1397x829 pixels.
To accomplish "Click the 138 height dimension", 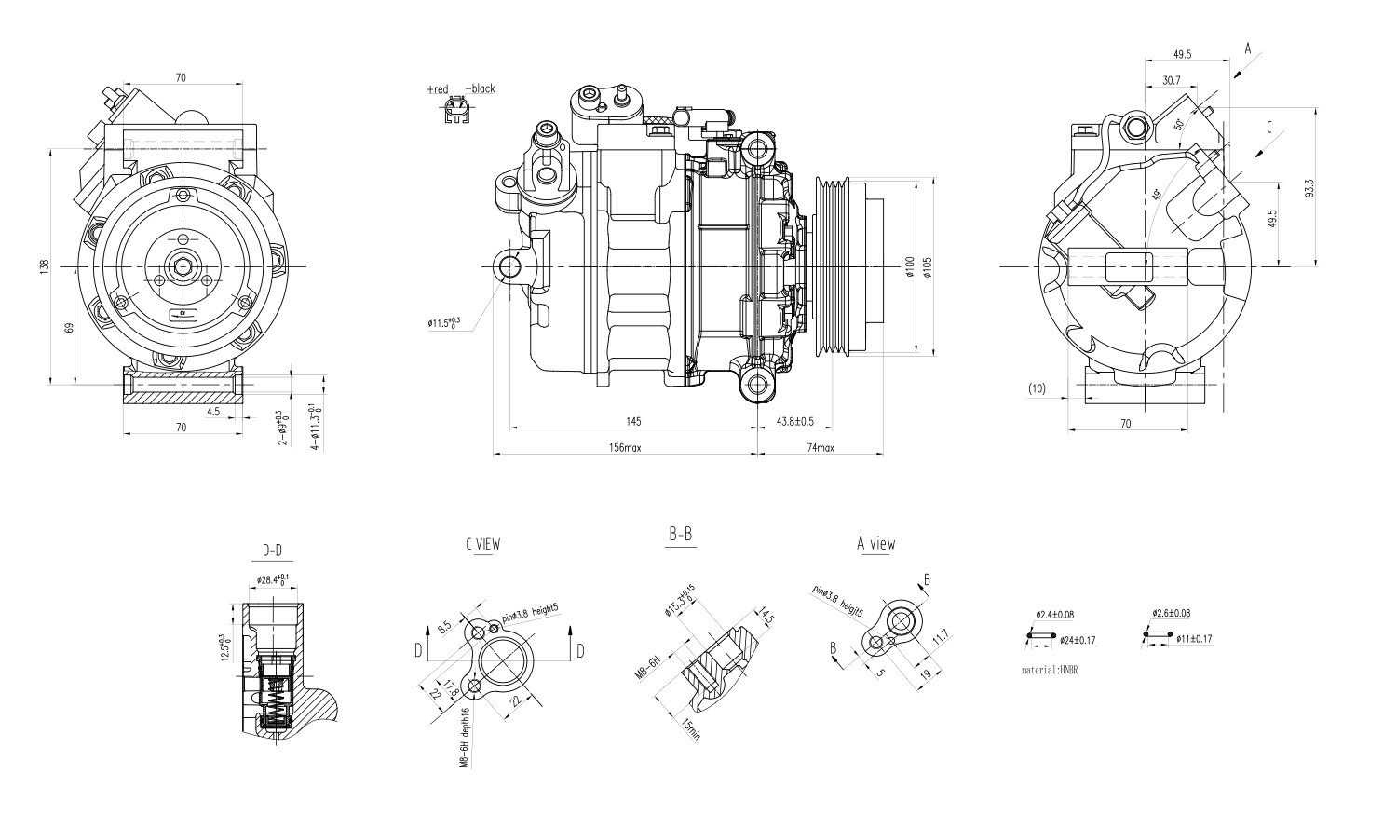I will click(44, 265).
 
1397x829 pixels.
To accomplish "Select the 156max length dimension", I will click(625, 448).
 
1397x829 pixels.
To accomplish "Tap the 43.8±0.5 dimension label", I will click(795, 421).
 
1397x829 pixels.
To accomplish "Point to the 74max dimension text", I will click(820, 448).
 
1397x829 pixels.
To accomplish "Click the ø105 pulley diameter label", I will click(928, 266).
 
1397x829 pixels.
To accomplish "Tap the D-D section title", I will click(272, 551).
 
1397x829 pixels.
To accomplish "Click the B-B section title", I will click(680, 535).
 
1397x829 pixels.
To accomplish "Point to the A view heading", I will click(876, 544).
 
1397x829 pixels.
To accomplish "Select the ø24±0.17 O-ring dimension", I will click(1078, 640).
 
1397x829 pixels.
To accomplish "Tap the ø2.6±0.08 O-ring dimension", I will click(1171, 614).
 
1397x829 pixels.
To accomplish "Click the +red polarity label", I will click(438, 89).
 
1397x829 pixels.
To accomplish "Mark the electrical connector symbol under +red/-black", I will click(456, 112).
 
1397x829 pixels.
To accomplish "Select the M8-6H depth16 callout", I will click(463, 735).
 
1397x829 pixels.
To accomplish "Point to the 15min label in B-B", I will click(690, 728).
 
